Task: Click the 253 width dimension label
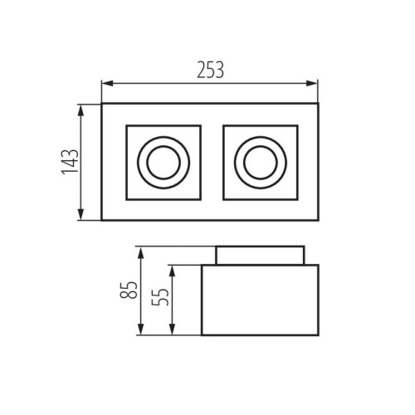(x=210, y=71)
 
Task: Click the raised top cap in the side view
(x=260, y=255)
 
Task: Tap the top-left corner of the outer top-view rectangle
(x=101, y=104)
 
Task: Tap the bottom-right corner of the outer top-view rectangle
(x=318, y=221)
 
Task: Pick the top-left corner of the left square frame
(x=125, y=125)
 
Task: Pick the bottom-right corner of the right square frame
(x=298, y=199)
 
